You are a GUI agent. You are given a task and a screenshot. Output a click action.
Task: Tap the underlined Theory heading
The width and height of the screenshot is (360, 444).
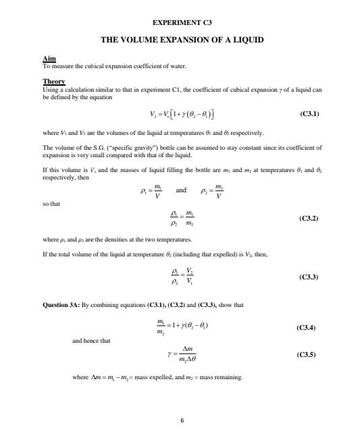[53, 82]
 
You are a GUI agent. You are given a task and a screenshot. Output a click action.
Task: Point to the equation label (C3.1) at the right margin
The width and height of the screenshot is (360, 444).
[309, 114]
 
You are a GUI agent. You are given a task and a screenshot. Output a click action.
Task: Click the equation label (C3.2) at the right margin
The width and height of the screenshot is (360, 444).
[309, 219]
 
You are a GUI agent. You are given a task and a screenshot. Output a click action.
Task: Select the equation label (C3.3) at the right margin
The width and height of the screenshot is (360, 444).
[309, 277]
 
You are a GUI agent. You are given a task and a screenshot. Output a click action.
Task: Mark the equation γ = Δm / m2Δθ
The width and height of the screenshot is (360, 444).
[182, 354]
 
